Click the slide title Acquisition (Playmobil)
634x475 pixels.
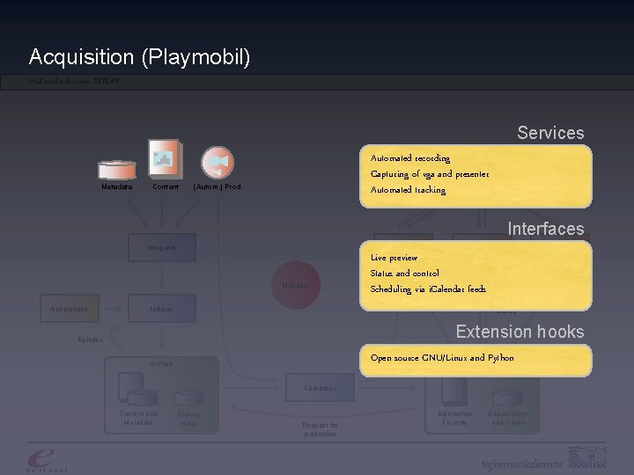(x=139, y=58)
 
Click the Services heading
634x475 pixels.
(x=550, y=133)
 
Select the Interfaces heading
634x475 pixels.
(x=545, y=229)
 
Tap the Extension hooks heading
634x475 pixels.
(x=520, y=332)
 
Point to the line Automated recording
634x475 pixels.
(x=410, y=158)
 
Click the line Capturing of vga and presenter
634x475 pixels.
(x=430, y=174)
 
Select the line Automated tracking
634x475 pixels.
(x=408, y=190)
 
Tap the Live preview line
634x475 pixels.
(x=394, y=258)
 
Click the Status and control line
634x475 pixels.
(x=404, y=274)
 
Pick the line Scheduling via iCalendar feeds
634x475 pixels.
(x=428, y=289)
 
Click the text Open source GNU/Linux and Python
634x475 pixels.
(x=442, y=358)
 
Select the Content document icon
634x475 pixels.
(x=166, y=159)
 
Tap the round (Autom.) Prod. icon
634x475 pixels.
(x=217, y=163)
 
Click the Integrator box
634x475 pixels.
(x=162, y=248)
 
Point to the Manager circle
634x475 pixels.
(x=296, y=285)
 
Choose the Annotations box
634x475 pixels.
(x=69, y=309)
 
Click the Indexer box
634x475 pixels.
(x=162, y=309)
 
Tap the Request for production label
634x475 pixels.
(x=320, y=430)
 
